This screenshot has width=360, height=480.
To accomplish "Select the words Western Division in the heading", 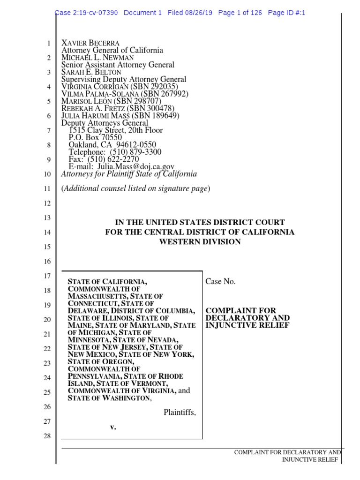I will tap(200, 242).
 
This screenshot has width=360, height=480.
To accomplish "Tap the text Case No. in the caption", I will tap(221, 281).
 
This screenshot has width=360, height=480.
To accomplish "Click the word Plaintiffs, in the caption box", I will tap(180, 412).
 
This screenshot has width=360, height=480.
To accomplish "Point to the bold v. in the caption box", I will tap(112, 427).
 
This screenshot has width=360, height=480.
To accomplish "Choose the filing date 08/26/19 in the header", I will tap(199, 13).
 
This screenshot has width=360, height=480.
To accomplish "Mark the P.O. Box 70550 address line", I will tap(95, 137).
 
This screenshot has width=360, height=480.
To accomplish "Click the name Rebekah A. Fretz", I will tap(93, 108).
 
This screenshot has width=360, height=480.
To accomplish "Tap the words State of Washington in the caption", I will tap(109, 398).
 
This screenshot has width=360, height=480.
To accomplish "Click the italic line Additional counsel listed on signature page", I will tap(136, 188).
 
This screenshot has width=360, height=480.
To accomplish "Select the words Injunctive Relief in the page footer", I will tap(310, 460).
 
